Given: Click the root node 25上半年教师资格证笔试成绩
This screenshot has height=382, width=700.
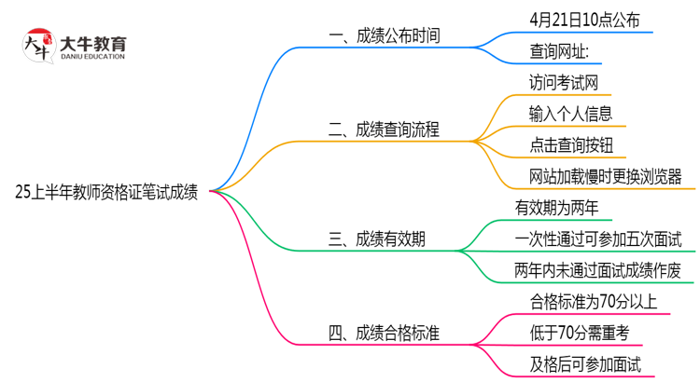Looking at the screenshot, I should pyautogui.click(x=107, y=192).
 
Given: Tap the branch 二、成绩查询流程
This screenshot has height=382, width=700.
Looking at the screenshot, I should pyautogui.click(x=385, y=129).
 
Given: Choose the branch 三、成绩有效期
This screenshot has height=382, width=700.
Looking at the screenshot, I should pyautogui.click(x=378, y=239).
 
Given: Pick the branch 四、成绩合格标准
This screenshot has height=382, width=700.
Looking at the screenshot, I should pyautogui.click(x=385, y=332).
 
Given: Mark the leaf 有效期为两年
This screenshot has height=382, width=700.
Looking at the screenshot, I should pyautogui.click(x=557, y=207).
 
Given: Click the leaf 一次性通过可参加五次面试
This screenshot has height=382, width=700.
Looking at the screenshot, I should pyautogui.click(x=598, y=239).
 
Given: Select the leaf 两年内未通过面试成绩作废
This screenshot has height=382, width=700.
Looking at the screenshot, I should pyautogui.click(x=598, y=270).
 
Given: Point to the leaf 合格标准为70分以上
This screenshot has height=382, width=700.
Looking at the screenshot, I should pyautogui.click(x=592, y=301).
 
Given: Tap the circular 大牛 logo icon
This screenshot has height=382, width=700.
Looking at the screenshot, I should pyautogui.click(x=37, y=46).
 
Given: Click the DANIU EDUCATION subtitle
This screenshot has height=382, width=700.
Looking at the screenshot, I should pyautogui.click(x=92, y=58).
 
